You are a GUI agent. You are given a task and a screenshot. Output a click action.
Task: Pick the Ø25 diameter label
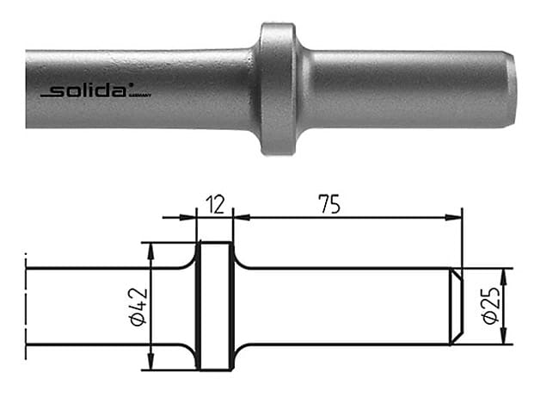[491, 307]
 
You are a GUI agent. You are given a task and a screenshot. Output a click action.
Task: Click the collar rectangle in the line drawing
[214, 306]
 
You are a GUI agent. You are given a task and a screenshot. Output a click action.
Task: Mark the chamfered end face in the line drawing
[457, 307]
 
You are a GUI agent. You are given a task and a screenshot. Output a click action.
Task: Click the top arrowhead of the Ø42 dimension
[152, 250]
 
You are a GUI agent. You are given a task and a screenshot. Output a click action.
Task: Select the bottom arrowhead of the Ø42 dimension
[152, 363]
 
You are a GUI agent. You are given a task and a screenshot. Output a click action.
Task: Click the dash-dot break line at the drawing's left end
[26, 306]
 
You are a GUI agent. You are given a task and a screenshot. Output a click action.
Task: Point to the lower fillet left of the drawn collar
[188, 350]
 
